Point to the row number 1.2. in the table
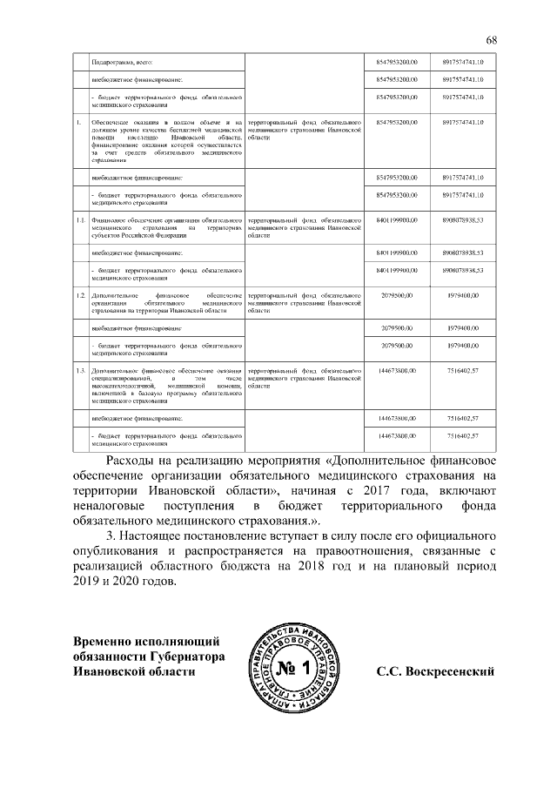tap(79, 297)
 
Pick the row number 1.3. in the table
tap(79, 372)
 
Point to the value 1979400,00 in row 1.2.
tap(462, 297)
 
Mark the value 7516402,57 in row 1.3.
tap(462, 372)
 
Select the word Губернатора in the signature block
tap(185, 657)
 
